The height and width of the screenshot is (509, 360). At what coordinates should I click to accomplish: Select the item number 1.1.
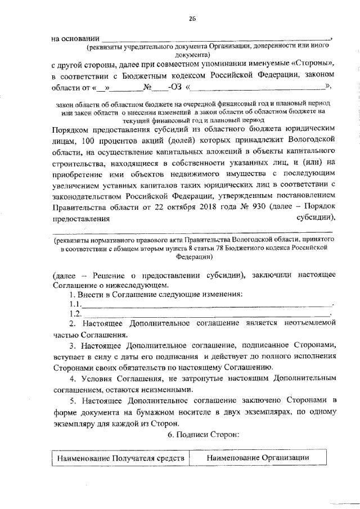pos(74,304)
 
